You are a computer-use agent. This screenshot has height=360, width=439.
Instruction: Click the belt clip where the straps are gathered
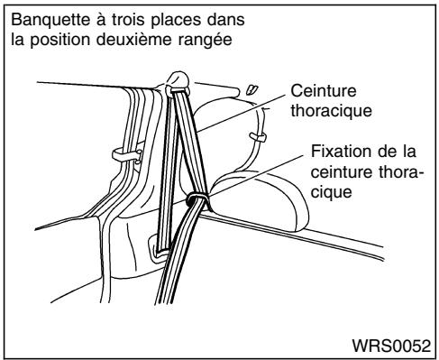coord(194,199)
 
